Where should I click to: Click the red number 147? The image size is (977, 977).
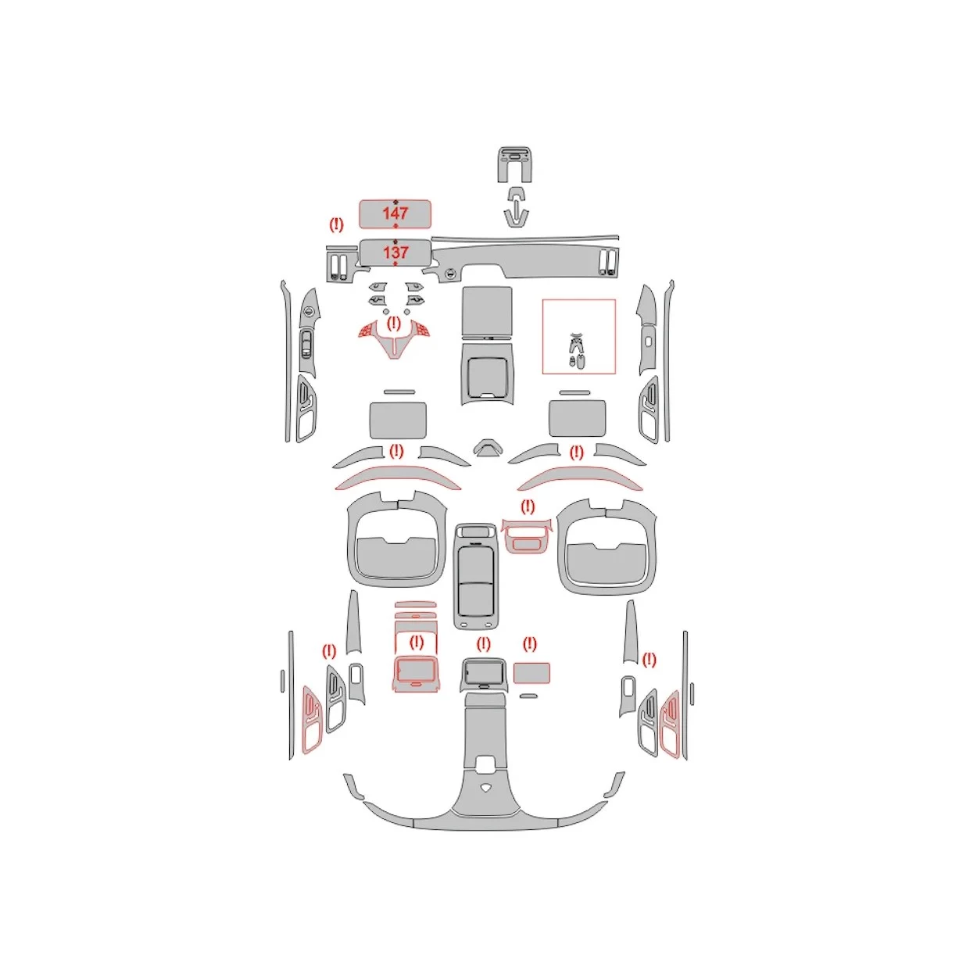[395, 213]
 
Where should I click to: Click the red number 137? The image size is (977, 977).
[395, 252]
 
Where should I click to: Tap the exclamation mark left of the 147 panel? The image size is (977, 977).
[336, 224]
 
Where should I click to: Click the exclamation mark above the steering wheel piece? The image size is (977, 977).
[393, 323]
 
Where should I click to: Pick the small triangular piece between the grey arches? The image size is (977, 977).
[488, 448]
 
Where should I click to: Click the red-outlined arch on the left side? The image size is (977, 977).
[398, 477]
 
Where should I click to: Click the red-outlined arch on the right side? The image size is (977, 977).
[580, 477]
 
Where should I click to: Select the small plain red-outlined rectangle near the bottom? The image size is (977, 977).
[531, 673]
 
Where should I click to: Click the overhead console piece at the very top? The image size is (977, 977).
[515, 164]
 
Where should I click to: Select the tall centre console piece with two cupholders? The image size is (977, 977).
[475, 577]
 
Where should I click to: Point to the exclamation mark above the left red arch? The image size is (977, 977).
[395, 451]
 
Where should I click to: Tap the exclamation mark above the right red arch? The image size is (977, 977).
[577, 452]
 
